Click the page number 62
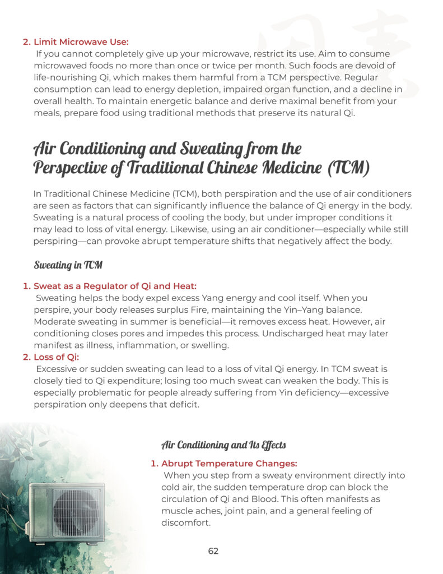(213, 551)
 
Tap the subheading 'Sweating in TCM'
(68, 265)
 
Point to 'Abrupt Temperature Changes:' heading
(229, 464)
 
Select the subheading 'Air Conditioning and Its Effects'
(223, 445)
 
